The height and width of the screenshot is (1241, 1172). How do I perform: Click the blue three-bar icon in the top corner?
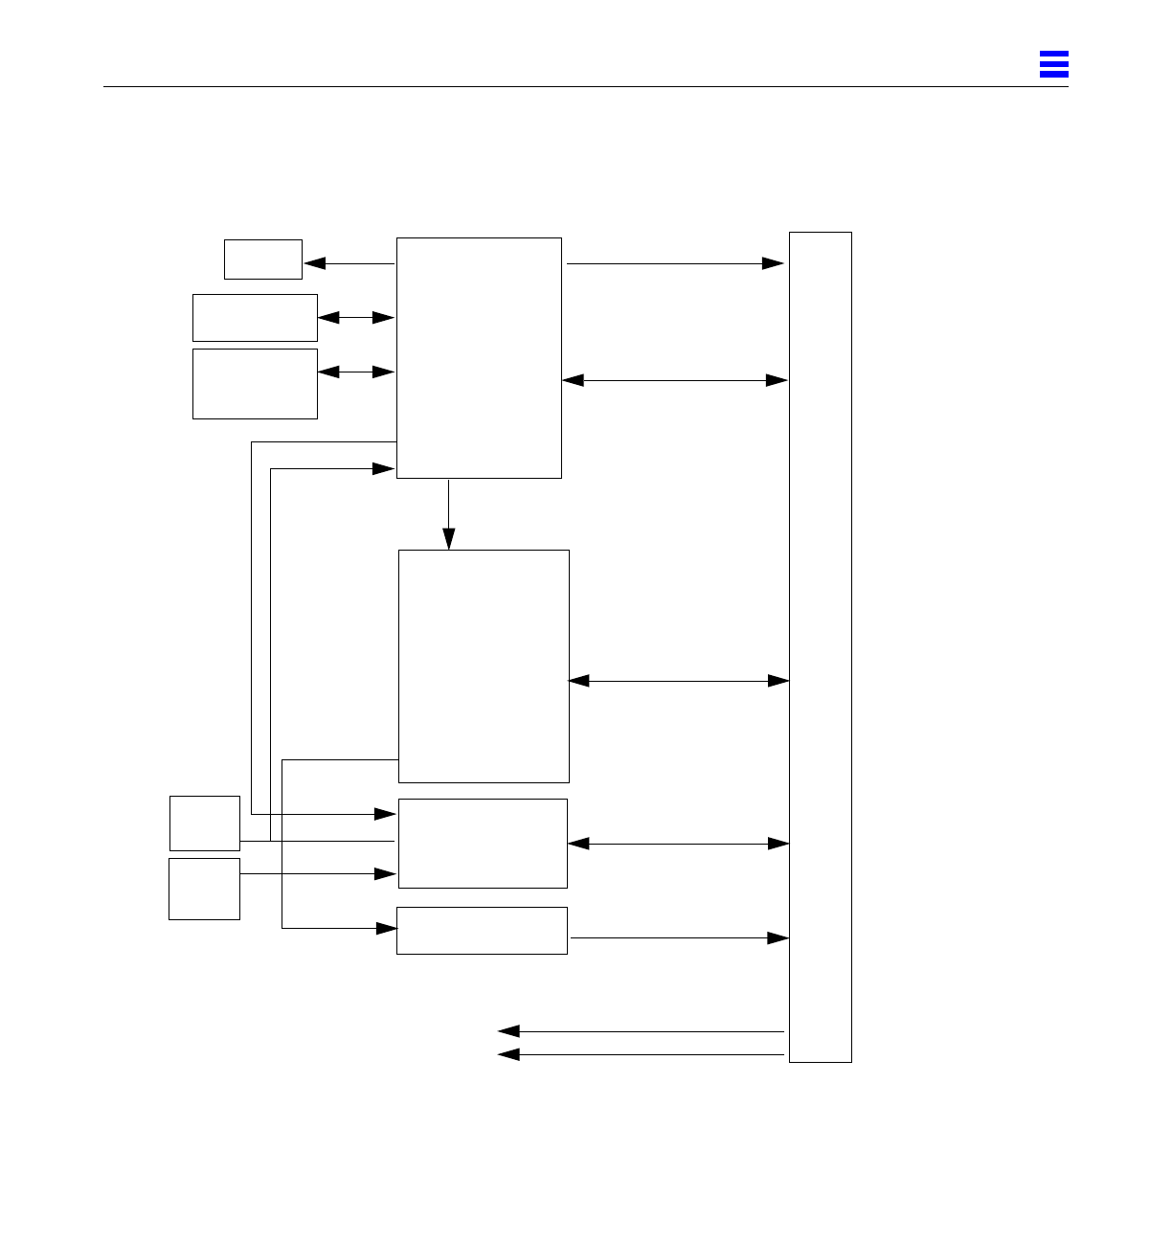click(x=1053, y=64)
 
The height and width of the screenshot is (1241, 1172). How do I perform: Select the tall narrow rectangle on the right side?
click(x=820, y=646)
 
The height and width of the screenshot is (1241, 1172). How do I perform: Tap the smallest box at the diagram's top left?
click(x=263, y=259)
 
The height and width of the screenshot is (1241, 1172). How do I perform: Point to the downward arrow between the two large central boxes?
click(x=448, y=513)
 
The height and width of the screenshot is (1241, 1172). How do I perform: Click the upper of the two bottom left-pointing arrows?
click(x=642, y=1031)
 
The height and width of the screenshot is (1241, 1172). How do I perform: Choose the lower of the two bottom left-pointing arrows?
click(x=642, y=1054)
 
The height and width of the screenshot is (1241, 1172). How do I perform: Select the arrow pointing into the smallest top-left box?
click(x=349, y=263)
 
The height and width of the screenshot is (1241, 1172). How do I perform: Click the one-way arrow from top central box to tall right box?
click(x=675, y=263)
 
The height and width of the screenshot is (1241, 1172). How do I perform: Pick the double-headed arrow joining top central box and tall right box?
click(x=675, y=380)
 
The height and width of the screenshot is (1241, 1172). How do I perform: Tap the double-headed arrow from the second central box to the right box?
click(x=678, y=681)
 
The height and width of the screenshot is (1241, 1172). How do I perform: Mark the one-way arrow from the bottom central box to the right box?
click(x=678, y=938)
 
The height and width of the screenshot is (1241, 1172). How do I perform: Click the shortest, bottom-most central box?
click(x=482, y=931)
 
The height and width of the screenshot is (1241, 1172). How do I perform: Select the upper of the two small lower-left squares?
click(x=205, y=823)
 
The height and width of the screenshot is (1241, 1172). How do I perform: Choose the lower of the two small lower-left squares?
click(x=204, y=889)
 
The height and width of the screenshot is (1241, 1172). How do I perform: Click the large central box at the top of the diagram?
click(x=479, y=357)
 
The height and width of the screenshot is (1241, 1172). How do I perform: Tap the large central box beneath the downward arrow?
click(x=484, y=666)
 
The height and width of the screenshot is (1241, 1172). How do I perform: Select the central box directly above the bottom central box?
click(x=483, y=844)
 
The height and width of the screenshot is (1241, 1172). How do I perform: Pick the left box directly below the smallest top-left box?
click(x=255, y=318)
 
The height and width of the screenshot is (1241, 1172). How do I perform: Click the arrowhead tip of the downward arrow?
click(x=448, y=547)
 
